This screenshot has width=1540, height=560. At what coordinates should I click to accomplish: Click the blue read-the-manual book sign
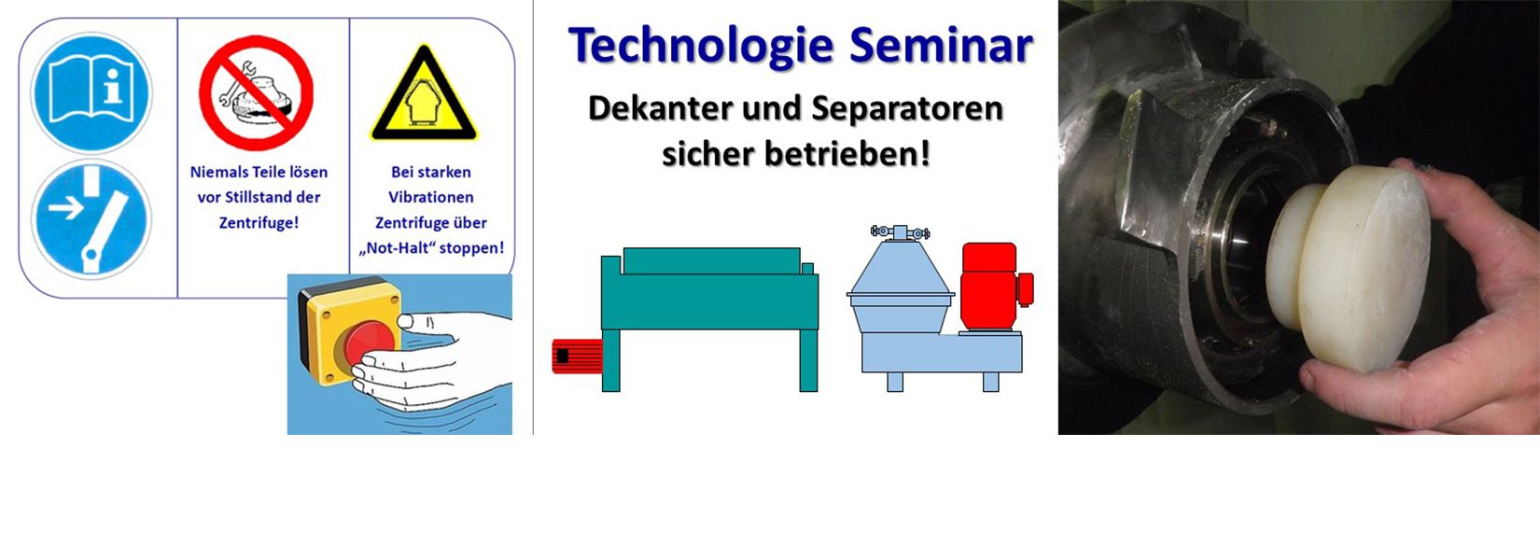[x=91, y=92]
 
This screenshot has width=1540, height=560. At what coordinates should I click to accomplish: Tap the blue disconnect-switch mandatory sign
[x=91, y=220]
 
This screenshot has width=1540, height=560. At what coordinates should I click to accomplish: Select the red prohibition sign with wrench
[x=257, y=93]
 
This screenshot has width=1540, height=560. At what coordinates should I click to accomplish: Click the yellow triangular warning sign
[x=424, y=94]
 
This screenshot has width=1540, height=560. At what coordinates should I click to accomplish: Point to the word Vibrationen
[x=431, y=197]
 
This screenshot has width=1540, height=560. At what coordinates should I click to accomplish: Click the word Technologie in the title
[x=702, y=47]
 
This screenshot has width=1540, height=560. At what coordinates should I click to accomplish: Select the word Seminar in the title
[x=941, y=46]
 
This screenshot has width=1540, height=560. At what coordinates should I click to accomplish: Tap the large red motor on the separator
[x=995, y=287]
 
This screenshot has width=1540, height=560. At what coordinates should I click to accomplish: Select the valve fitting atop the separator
[x=900, y=232]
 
